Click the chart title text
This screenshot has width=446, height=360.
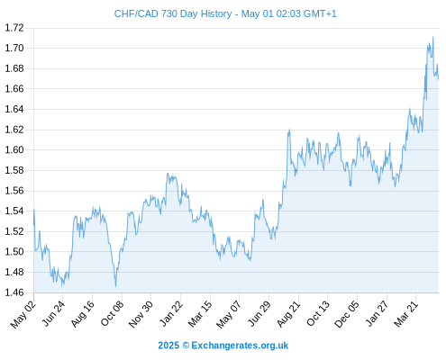[x=225, y=13]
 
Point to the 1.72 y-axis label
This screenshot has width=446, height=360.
[x=14, y=28]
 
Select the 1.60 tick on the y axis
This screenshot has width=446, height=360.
[x=14, y=149]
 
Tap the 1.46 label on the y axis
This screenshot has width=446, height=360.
[x=14, y=292]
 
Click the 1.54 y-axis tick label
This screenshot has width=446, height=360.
[x=14, y=211]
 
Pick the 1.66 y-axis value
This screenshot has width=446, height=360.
[x=14, y=89]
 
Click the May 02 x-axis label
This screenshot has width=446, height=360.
[x=23, y=314]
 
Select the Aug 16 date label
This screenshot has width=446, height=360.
[x=83, y=313]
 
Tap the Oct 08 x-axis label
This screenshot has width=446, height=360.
[x=112, y=313]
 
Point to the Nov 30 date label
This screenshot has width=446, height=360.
[x=141, y=314]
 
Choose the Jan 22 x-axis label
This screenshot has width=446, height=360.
[x=171, y=313]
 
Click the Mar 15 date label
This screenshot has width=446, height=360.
[x=200, y=314]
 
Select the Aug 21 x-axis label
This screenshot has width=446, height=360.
[x=288, y=313]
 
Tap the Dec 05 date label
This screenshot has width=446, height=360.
[x=347, y=314]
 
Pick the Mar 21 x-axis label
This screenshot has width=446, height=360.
[x=405, y=314]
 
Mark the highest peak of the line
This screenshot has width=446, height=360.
[x=432, y=37]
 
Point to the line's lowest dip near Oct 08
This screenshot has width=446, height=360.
[x=115, y=286]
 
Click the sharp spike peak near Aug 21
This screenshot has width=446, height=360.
[x=289, y=130]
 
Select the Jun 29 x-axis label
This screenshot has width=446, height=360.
[x=259, y=313]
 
